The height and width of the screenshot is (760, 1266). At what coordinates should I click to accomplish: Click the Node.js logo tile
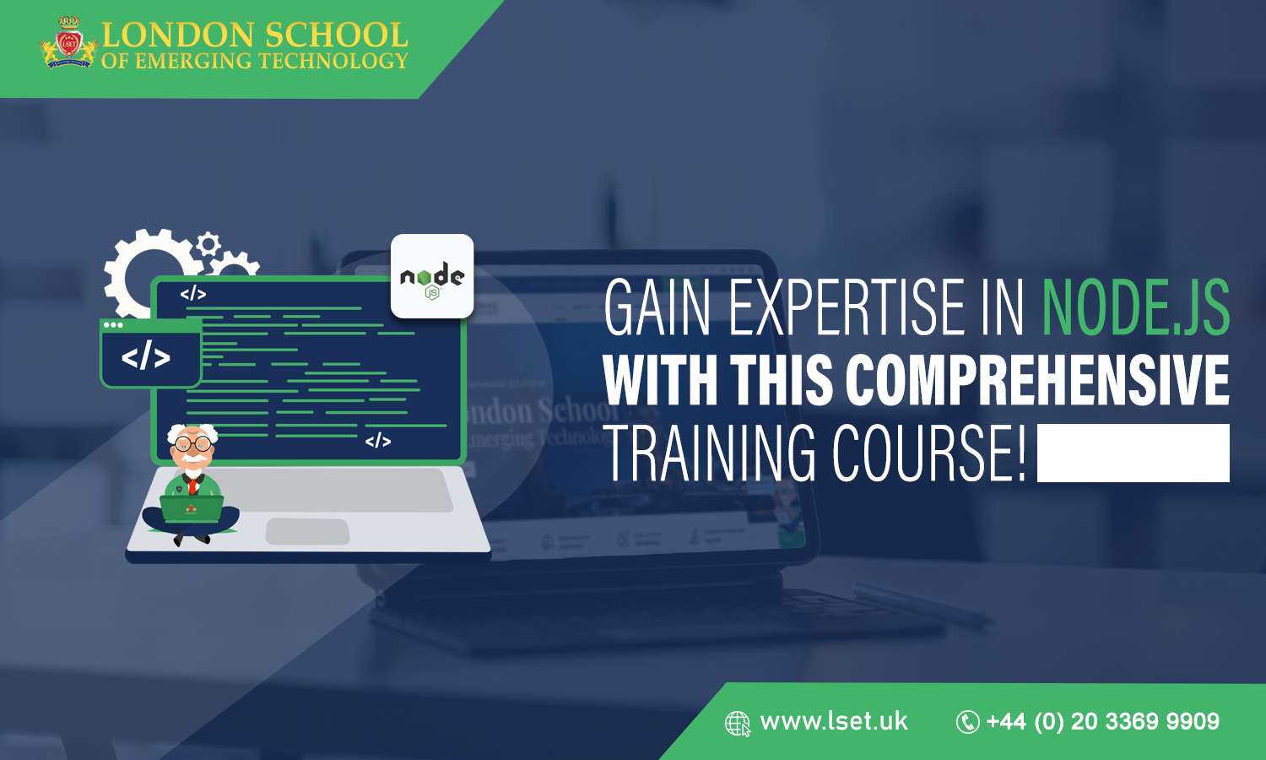pos(432,276)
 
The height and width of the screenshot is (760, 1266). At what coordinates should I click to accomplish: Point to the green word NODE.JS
pos(1135,307)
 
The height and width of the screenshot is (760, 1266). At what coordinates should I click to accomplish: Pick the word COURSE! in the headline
pos(928,453)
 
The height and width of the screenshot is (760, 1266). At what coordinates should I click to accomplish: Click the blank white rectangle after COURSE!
pos(1133,453)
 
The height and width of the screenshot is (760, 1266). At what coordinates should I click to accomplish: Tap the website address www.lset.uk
pos(834,721)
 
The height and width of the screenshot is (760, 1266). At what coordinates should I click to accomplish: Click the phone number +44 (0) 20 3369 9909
pos(1102,721)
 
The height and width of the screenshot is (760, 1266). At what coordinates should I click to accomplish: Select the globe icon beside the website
pos(738,724)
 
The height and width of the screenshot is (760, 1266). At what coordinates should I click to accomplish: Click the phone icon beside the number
pos(967,722)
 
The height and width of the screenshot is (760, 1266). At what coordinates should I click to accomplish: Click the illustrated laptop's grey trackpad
pos(307,532)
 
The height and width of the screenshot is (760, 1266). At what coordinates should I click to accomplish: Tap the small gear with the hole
pos(208,245)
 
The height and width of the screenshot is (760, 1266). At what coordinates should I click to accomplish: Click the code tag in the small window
pos(146,357)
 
